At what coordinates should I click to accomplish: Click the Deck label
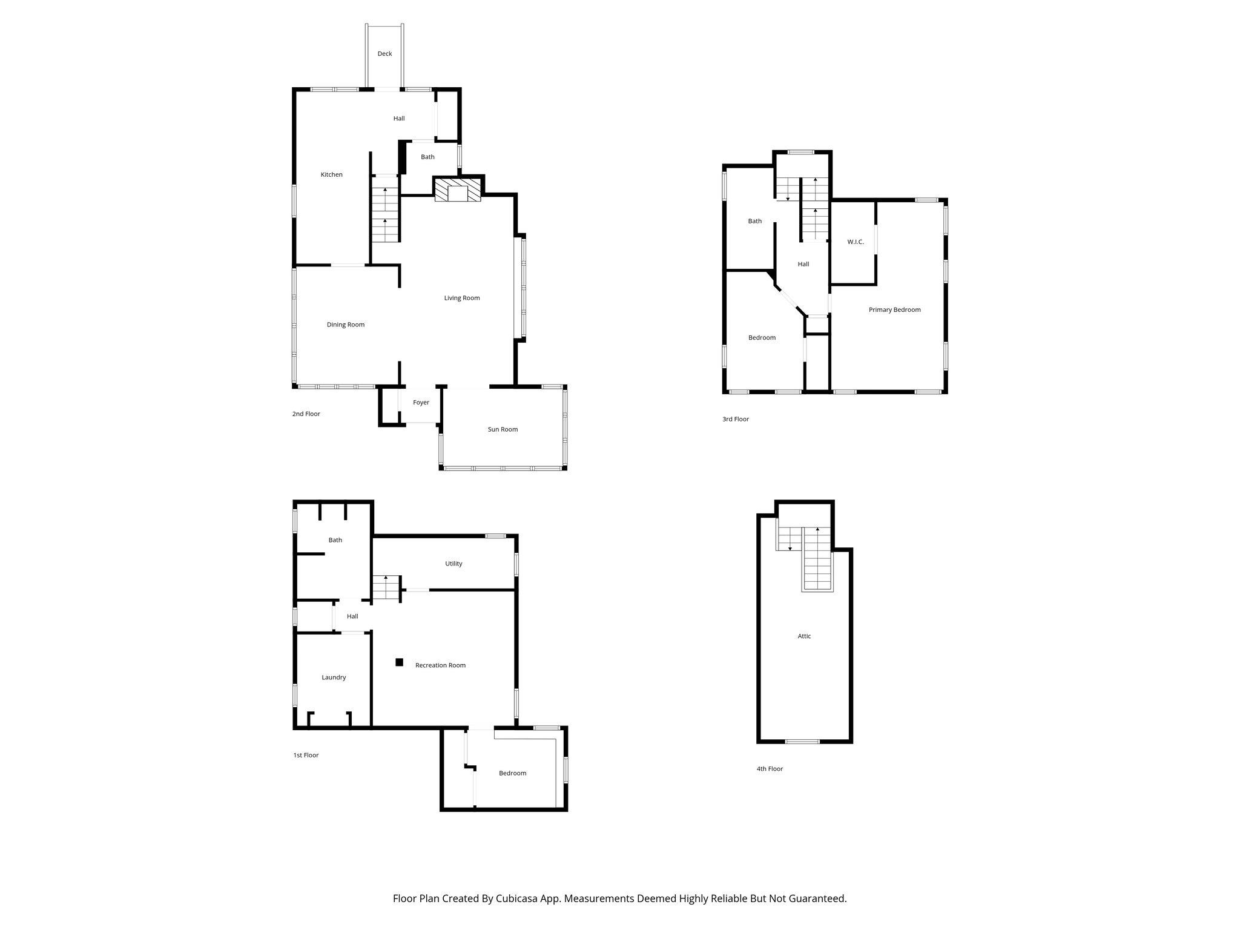point(384,54)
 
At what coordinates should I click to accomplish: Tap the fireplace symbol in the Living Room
point(458,189)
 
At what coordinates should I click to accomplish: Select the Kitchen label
point(331,175)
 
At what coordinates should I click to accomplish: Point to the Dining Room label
point(345,325)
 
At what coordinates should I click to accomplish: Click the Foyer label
point(421,403)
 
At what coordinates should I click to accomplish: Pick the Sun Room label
point(503,429)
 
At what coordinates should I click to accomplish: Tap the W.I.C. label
point(855,242)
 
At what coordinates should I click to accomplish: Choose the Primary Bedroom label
point(894,310)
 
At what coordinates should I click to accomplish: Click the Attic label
point(804,636)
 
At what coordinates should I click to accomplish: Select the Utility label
point(453,564)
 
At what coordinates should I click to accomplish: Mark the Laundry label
point(334,678)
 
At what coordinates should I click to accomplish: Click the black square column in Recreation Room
point(399,662)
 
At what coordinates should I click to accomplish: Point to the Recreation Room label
point(440,665)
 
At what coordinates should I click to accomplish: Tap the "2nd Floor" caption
point(306,414)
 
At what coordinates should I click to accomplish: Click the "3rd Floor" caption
point(735,419)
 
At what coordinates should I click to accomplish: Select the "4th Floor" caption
point(770,769)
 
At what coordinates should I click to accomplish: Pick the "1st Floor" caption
point(306,756)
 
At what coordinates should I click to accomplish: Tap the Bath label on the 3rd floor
point(754,222)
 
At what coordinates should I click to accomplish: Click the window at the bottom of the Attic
point(802,742)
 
